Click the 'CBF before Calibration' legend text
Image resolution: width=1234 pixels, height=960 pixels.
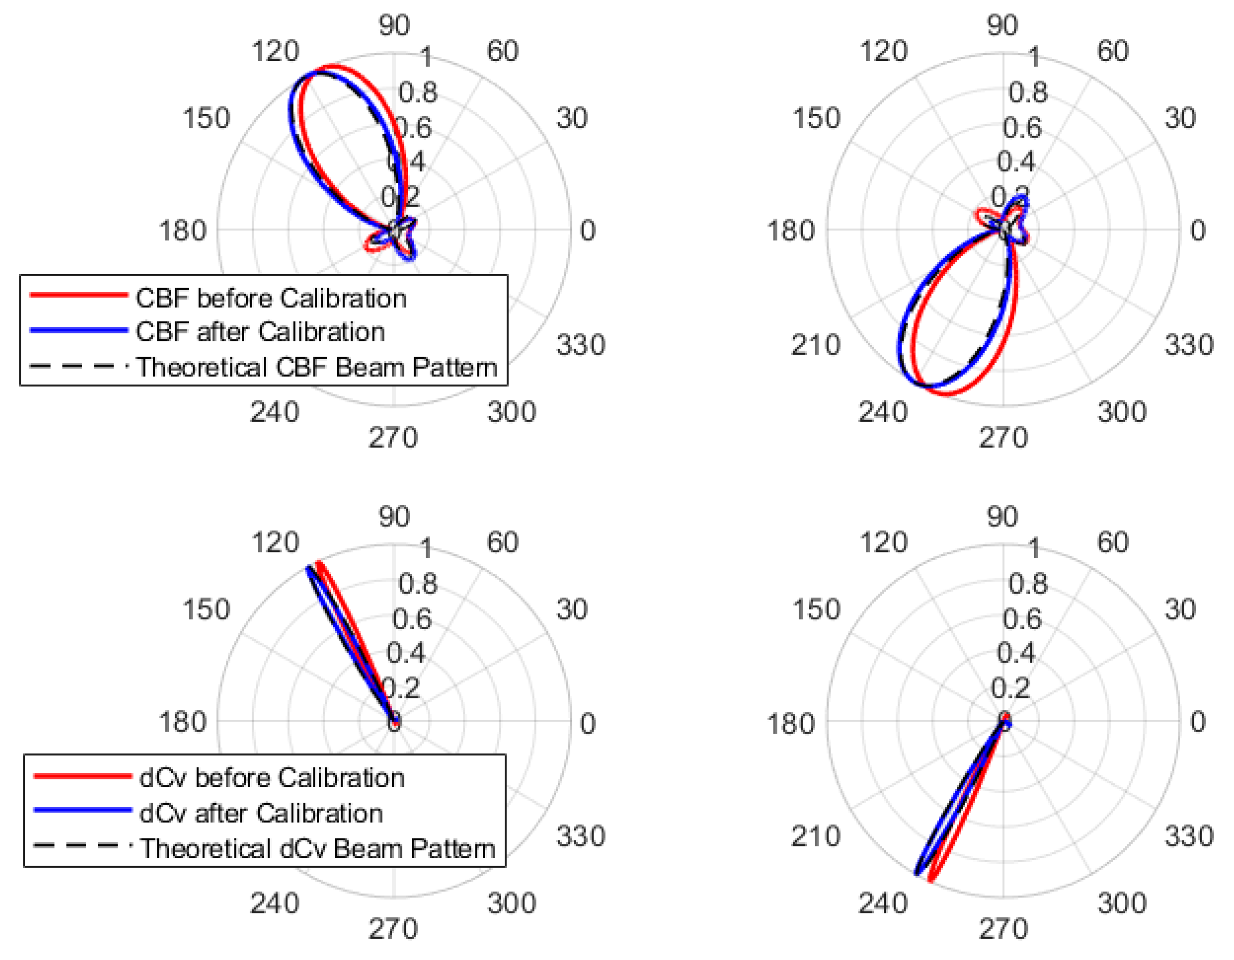tap(270, 298)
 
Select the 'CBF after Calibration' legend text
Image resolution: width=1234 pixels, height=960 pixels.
tap(260, 332)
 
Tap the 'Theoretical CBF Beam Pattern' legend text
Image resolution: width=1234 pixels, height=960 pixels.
tap(317, 367)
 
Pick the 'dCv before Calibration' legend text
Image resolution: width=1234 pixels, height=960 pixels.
tap(272, 778)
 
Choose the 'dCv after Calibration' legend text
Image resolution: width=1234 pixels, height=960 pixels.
tap(261, 813)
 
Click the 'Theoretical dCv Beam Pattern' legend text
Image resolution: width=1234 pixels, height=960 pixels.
tap(318, 848)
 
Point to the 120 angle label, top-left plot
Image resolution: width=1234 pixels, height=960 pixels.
tap(275, 51)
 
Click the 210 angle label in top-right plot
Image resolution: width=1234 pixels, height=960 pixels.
tap(815, 345)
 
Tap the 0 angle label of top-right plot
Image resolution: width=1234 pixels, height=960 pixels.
tap(1197, 230)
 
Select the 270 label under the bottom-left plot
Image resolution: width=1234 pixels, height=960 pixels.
tap(393, 929)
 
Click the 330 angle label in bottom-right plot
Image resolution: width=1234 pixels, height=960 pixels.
tap(1189, 836)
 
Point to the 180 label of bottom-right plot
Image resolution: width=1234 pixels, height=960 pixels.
tap(791, 723)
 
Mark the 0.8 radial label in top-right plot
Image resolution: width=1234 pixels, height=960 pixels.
tap(1028, 92)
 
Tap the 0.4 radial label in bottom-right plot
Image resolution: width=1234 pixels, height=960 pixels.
tap(1016, 653)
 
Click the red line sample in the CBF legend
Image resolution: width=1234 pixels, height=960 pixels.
tap(79, 294)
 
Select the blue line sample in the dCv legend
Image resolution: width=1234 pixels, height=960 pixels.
tap(83, 810)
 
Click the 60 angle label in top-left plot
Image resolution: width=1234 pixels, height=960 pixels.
tap(502, 51)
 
